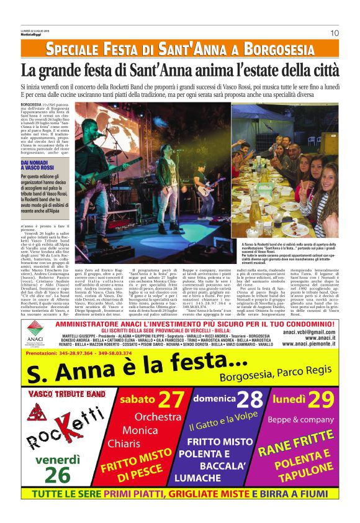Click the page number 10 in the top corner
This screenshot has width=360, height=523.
(x=334, y=33)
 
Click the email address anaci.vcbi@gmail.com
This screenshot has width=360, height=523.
(x=310, y=332)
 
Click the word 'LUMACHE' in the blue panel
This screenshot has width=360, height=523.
(x=197, y=478)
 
